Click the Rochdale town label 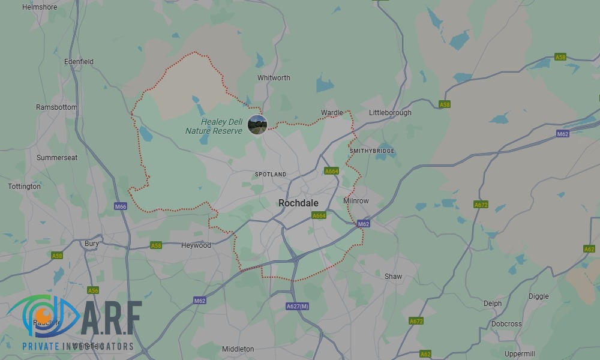pos(298,203)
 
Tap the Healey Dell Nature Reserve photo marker pos(257,125)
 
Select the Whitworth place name pos(274,78)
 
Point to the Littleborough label pos(390,113)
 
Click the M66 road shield pos(121,206)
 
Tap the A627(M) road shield pos(298,307)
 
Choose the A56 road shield pos(93,290)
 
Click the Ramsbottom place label pos(56,107)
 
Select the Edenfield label pos(79,62)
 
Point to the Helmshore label pos(39,7)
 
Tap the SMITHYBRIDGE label pos(372,151)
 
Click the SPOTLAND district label pos(271,175)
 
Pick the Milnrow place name pos(356,201)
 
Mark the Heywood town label pos(196,245)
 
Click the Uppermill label pos(520,353)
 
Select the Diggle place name pos(538,296)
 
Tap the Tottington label pos(24,187)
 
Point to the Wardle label pos(332,113)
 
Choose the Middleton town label pos(238,349)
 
